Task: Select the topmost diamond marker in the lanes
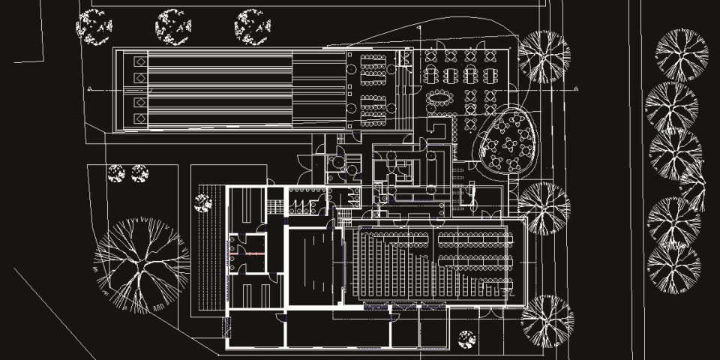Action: pos(139,61)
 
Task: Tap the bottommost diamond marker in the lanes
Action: pos(139,119)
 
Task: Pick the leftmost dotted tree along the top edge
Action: pos(94,26)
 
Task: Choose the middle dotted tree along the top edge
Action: pos(173,26)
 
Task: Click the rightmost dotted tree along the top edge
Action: pos(252,26)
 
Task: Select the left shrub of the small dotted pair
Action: pos(115,173)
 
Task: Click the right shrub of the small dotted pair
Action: pos(139,173)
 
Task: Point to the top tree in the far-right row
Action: pos(682,55)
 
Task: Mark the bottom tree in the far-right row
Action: pos(673,268)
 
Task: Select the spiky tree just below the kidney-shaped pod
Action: pos(544,208)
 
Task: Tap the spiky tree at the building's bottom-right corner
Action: pos(547,320)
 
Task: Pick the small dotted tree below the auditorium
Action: pos(466,339)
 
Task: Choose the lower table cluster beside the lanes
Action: pos(373,110)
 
